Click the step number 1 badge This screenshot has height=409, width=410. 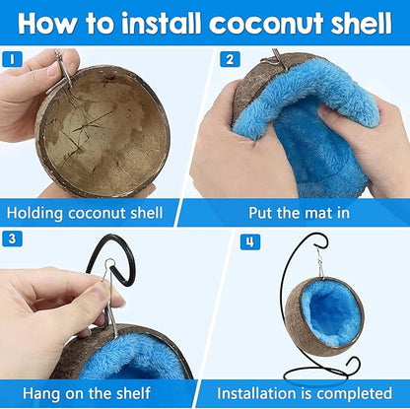[x=13, y=60]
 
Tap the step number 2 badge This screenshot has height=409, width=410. [x=230, y=60]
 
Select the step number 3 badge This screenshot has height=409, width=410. [x=13, y=239]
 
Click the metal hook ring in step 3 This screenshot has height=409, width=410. [x=109, y=270]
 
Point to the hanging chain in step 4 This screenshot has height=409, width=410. [x=319, y=264]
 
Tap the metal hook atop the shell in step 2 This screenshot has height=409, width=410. [x=279, y=59]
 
